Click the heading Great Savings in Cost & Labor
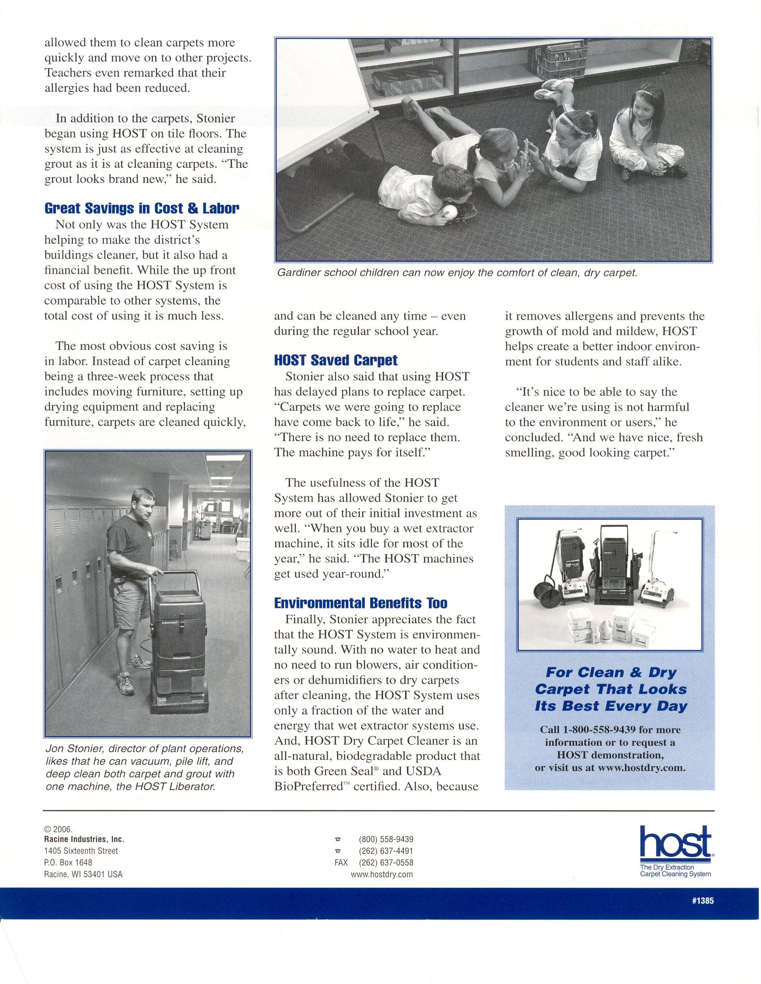click(x=141, y=208)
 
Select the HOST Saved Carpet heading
click(x=335, y=360)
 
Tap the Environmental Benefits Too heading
click(x=361, y=603)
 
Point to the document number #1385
click(x=702, y=901)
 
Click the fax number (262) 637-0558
click(x=386, y=862)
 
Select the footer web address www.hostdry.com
click(x=381, y=874)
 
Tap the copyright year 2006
click(x=62, y=829)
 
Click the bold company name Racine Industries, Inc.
click(x=84, y=839)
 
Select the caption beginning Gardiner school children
click(x=457, y=272)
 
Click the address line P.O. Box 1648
click(x=68, y=862)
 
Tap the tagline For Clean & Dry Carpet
click(x=611, y=689)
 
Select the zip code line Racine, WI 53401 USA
click(x=83, y=874)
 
